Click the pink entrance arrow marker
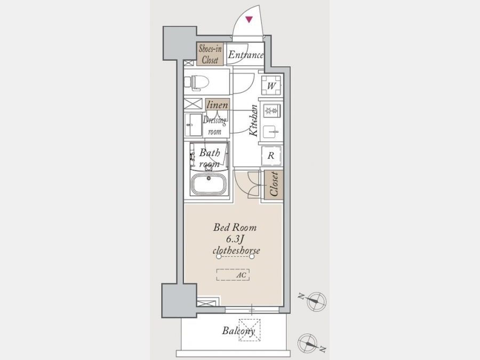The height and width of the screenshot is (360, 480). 249,20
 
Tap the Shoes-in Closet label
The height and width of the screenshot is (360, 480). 210,54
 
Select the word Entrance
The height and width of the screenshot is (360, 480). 245,55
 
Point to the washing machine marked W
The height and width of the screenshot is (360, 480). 271,85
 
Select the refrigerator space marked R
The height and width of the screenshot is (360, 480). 271,156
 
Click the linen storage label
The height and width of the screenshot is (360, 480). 218,105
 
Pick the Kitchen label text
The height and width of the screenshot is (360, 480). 253,121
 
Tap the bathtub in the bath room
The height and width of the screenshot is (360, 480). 209,183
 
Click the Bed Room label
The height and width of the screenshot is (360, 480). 235,227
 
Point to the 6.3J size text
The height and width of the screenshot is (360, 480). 235,239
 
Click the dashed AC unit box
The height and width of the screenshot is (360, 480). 233,275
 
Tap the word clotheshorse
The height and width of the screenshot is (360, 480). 236,251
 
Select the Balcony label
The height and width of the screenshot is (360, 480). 238,331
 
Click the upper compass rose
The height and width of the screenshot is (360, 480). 316,301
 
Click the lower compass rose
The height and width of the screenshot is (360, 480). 308,343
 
